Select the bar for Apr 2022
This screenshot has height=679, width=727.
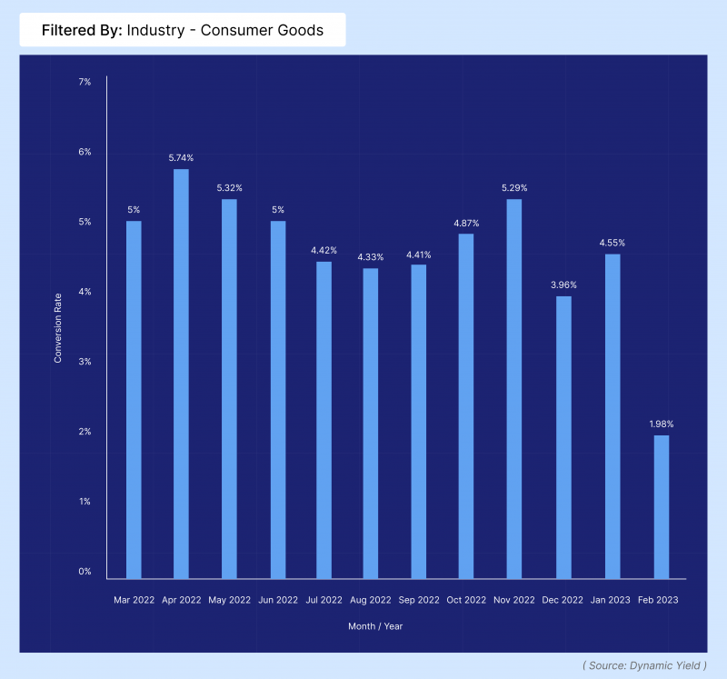pos(181,374)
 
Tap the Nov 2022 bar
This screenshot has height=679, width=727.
pos(514,389)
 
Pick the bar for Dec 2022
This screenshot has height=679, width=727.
pos(563,437)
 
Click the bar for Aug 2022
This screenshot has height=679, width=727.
pos(371,424)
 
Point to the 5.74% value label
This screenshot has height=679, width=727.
pos(181,157)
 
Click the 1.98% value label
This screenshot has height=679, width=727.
pos(662,424)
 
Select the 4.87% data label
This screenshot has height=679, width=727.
pos(466,223)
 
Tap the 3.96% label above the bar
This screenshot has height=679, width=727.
pos(563,285)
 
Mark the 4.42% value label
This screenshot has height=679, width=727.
pos(323,250)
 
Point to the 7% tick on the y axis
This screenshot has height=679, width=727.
pos(85,82)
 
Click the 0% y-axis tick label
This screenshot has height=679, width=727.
pos(85,571)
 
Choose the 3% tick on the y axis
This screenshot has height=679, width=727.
pos(85,362)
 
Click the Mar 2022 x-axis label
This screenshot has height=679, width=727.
pos(133,600)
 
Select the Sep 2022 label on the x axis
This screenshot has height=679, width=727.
pos(418,600)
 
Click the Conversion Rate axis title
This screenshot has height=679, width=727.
pos(58,326)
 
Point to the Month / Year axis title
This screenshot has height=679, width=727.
pos(375,626)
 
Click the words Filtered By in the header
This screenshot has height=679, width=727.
pos(82,30)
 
